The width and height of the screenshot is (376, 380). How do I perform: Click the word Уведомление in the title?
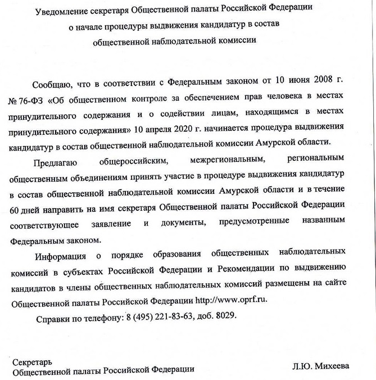62,11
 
